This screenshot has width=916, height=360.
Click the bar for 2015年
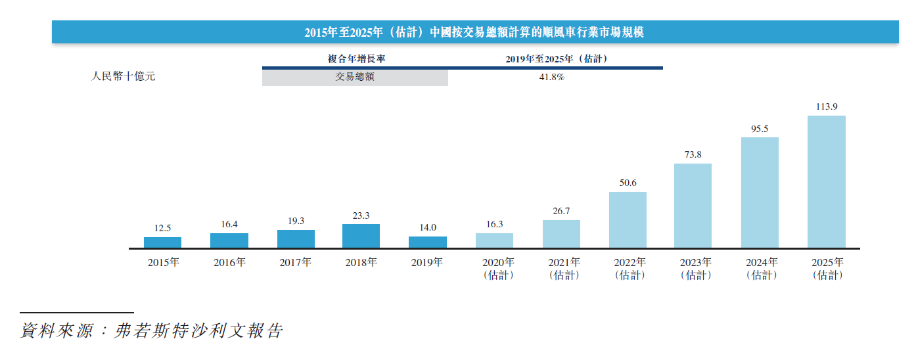[x=162, y=242]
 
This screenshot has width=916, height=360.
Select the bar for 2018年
[x=361, y=236]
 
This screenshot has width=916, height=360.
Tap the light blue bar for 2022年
[x=628, y=220]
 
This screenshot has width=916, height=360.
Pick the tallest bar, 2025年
[x=826, y=182]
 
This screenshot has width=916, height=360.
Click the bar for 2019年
[x=427, y=242]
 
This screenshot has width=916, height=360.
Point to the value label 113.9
[x=826, y=106]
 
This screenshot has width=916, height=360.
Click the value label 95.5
[x=760, y=129]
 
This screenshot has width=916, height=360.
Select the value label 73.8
[x=693, y=155]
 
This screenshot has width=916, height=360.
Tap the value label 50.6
[x=628, y=183]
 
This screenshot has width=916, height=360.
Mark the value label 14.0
[x=427, y=227]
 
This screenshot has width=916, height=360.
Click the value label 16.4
[x=229, y=224]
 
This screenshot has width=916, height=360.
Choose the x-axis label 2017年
[x=295, y=263]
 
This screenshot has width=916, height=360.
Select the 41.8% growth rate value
[x=551, y=77]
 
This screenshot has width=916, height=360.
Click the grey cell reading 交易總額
[x=355, y=77]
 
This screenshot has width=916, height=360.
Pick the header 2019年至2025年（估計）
[x=556, y=58]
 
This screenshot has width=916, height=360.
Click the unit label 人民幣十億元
[x=123, y=76]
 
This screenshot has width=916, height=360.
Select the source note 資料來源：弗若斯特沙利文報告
[x=152, y=330]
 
